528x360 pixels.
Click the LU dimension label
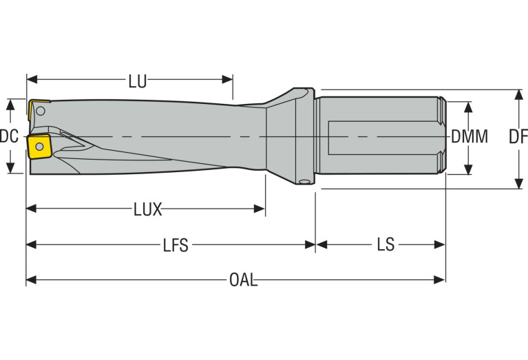[x=137, y=81]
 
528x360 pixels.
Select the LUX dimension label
[x=147, y=210]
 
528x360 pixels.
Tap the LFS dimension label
[x=175, y=245]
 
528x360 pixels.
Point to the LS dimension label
[x=386, y=245]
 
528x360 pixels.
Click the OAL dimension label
[x=243, y=280]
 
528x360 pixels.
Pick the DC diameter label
[x=9, y=136]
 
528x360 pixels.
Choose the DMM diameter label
[x=469, y=136]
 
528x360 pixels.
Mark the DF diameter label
[x=518, y=136]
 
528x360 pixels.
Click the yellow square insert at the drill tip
[x=38, y=146]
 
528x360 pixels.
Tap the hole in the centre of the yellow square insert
[x=38, y=146]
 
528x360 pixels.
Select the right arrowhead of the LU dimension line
[x=229, y=80]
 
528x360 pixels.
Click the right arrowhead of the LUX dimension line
[x=260, y=209]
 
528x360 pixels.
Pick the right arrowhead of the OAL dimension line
[x=441, y=279]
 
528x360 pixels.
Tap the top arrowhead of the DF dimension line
[x=518, y=94]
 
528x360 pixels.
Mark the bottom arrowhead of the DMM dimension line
[x=469, y=169]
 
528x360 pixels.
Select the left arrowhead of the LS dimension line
[x=320, y=244]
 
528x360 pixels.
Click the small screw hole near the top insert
[x=41, y=111]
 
